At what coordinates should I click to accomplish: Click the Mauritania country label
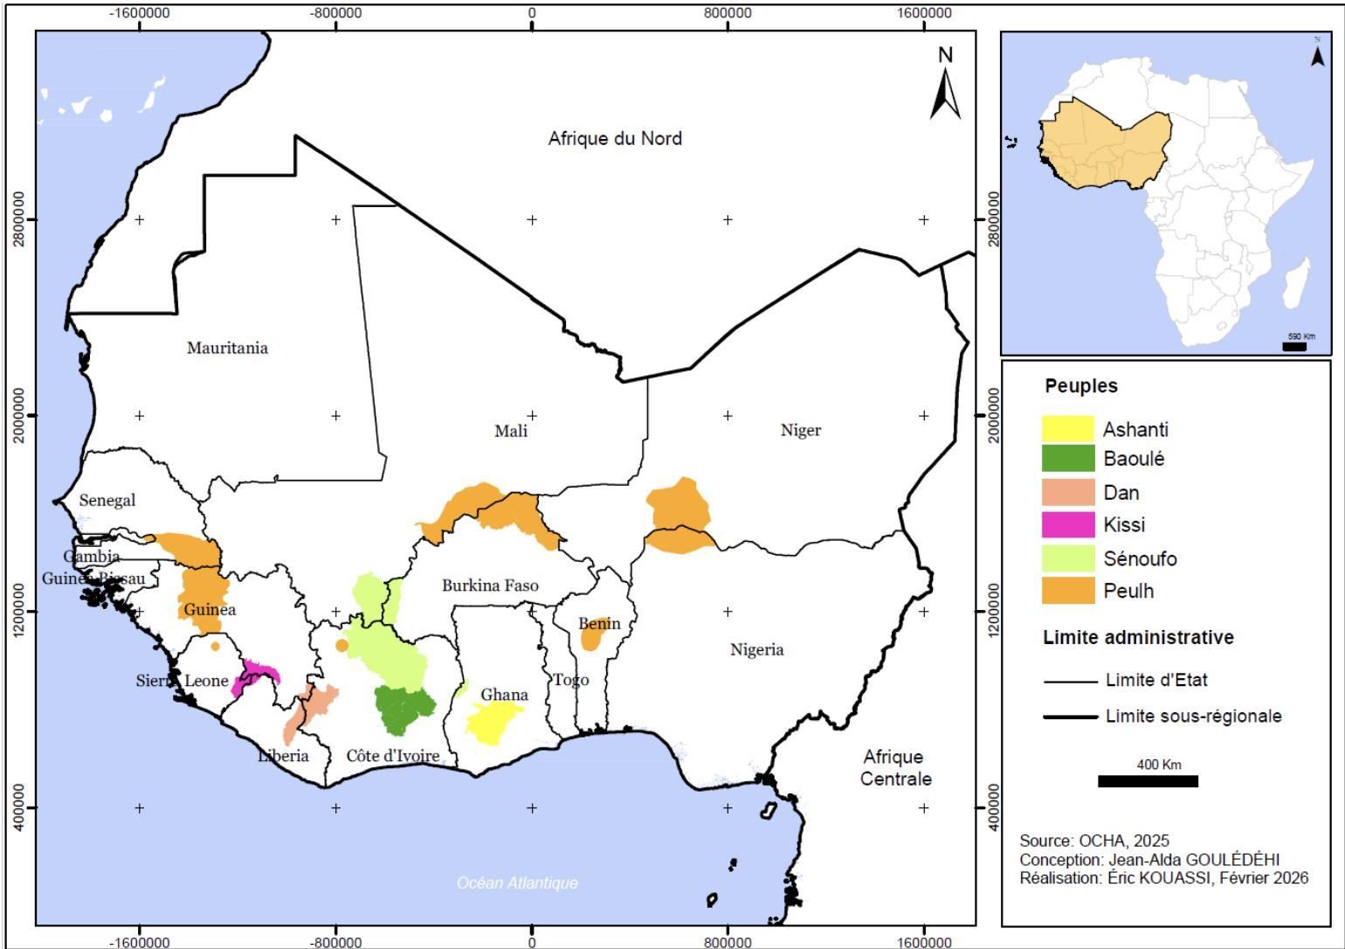227,348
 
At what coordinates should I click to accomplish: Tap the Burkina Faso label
489,585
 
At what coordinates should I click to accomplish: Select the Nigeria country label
756,649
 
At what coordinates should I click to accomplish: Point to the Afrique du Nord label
615,138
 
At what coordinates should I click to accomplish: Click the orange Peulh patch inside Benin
592,637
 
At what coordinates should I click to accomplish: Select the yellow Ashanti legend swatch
1067,429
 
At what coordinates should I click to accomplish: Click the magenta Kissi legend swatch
1067,524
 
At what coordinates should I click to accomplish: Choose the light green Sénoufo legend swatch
1067,558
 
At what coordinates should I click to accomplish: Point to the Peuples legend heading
1080,385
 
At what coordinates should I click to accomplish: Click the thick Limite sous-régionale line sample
1070,717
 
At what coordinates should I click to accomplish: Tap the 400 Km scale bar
1147,780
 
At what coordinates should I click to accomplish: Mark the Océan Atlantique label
517,883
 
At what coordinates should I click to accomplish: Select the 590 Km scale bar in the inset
1293,346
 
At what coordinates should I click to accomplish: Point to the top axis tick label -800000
336,14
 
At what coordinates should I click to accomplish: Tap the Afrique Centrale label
894,767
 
